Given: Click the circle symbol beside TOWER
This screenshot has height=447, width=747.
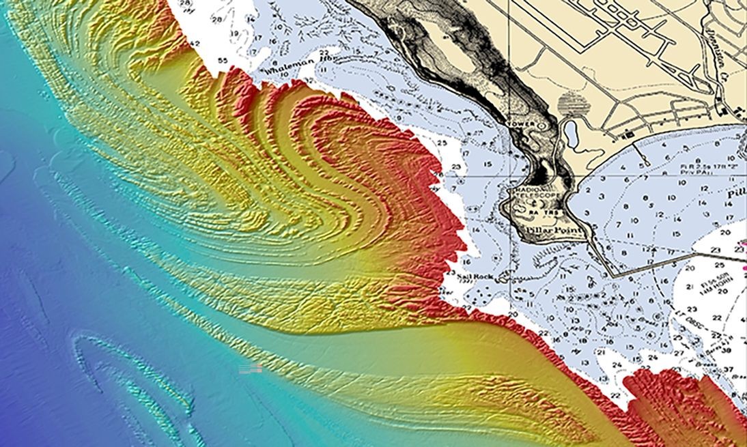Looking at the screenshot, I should (x=542, y=126).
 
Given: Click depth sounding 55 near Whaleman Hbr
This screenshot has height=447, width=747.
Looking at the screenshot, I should (x=223, y=61).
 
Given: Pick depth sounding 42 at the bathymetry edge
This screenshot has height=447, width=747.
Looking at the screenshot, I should (x=195, y=44).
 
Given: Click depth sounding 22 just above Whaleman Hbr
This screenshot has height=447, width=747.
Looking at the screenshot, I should (x=324, y=52).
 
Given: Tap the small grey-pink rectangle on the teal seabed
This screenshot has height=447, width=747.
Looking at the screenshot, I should (x=250, y=369).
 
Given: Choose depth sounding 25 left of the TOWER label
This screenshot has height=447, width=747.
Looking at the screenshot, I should (x=442, y=143).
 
